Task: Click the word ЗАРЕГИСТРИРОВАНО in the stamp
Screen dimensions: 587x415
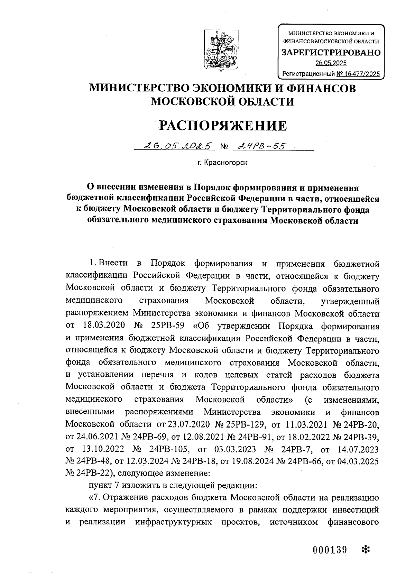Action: [331, 53]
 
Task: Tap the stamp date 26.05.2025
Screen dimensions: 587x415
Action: [331, 63]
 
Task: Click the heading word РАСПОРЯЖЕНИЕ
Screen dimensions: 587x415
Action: [222, 126]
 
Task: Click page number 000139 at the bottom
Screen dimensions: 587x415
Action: [330, 549]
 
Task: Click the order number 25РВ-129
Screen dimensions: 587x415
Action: [245, 424]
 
